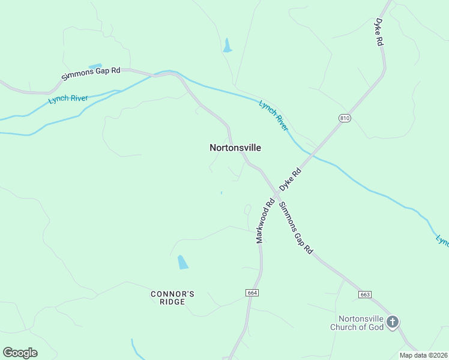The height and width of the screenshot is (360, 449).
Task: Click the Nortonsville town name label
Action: click(235, 147)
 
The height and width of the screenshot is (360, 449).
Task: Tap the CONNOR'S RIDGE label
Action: click(172, 298)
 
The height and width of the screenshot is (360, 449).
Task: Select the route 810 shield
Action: click(344, 118)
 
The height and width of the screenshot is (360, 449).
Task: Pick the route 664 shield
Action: click(252, 292)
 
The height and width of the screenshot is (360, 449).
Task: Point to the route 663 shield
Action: click(364, 295)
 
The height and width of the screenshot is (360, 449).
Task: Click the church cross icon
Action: click(393, 322)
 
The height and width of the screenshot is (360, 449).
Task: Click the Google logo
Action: click(20, 353)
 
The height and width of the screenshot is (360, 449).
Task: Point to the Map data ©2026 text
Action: click(423, 355)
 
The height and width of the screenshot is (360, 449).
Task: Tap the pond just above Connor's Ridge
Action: click(182, 262)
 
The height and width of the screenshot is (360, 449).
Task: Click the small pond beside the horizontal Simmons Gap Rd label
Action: click(95, 66)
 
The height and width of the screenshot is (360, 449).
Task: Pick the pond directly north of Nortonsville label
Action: click(227, 46)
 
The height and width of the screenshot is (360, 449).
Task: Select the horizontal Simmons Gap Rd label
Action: click(91, 74)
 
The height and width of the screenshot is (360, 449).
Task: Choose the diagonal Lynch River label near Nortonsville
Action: click(274, 115)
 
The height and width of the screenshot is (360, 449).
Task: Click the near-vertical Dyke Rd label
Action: click(379, 32)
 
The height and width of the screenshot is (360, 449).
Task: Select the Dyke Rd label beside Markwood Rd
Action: click(289, 179)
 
